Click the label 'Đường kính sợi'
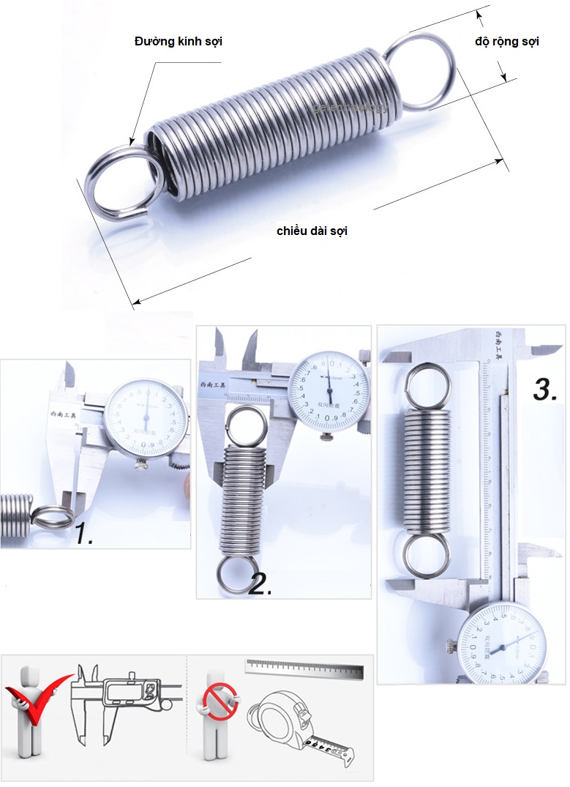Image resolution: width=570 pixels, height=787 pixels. point(178,42)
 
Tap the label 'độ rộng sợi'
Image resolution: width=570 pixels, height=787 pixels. point(506,42)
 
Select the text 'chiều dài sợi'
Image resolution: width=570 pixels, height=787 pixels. point(312,231)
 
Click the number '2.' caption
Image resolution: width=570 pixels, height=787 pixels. point(260,583)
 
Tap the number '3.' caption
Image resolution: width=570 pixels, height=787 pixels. point(546,389)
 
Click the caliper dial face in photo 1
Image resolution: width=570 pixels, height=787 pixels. point(146,418)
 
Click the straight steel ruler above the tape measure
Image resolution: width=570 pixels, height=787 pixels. point(304,668)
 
